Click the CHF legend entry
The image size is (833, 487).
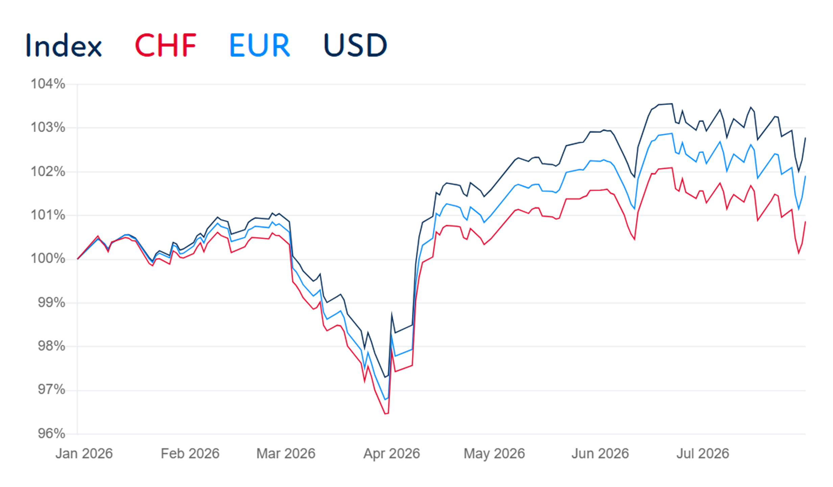(x=165, y=45)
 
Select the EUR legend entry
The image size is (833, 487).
(x=260, y=45)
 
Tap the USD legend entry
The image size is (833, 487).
(x=355, y=45)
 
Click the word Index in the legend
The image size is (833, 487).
(x=64, y=45)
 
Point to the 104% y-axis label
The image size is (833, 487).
(x=48, y=84)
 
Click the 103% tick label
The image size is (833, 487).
(x=48, y=128)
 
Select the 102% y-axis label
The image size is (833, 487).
(x=48, y=172)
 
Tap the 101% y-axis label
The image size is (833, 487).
(x=48, y=215)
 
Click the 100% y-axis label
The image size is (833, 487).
(x=48, y=259)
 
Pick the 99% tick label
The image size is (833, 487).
(x=51, y=303)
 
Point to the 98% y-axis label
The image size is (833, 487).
(x=51, y=346)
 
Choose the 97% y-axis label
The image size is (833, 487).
(x=51, y=390)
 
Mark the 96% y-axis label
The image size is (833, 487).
(x=51, y=434)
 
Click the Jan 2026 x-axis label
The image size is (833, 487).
(x=84, y=453)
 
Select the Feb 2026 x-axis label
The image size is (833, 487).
(x=190, y=453)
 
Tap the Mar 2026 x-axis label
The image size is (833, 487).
(x=286, y=453)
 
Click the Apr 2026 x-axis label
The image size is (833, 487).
(x=392, y=453)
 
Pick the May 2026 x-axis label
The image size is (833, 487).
(x=494, y=453)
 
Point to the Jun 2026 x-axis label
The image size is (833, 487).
(x=600, y=453)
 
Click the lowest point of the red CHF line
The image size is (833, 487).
(x=385, y=414)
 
